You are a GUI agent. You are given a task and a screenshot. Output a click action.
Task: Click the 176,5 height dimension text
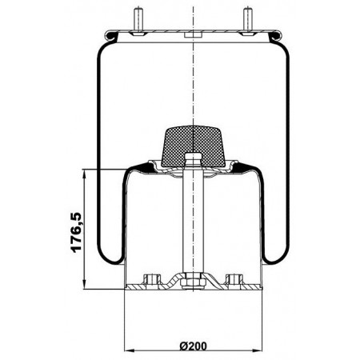pyautogui.click(x=76, y=232)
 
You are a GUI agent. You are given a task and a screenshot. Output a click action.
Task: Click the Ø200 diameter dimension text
pyautogui.click(x=194, y=346)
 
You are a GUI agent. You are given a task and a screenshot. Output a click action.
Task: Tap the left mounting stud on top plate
pyautogui.click(x=138, y=21)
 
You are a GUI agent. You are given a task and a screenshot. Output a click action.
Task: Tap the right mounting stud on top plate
pyautogui.click(x=248, y=21)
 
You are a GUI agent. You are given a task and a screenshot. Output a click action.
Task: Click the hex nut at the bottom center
pyautogui.click(x=193, y=282)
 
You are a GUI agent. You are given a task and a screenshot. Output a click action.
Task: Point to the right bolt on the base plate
pyautogui.click(x=234, y=279)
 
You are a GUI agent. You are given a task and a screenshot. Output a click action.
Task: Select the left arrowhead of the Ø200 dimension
pyautogui.click(x=129, y=350)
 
